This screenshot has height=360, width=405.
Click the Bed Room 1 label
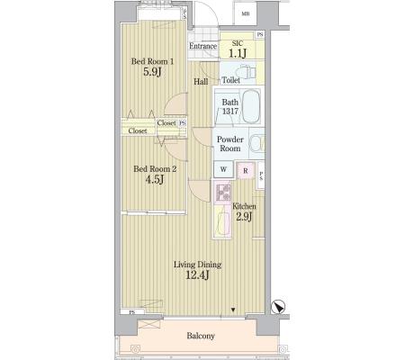(x=152, y=61)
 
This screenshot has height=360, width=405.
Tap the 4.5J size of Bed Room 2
(x=155, y=180)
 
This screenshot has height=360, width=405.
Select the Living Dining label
(x=198, y=265)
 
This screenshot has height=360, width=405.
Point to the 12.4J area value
(x=197, y=275)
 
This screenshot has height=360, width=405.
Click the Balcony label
(x=201, y=336)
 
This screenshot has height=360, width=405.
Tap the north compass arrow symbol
(x=278, y=307)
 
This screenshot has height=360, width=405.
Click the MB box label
(x=246, y=13)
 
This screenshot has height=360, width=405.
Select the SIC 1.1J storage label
(x=238, y=49)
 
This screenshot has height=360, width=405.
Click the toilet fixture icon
(x=246, y=72)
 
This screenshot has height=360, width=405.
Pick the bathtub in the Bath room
(x=251, y=106)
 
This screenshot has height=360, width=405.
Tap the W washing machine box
(x=223, y=169)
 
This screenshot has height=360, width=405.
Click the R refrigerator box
(x=246, y=171)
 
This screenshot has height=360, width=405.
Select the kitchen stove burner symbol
(x=223, y=193)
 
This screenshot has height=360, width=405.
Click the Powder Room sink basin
(x=257, y=143)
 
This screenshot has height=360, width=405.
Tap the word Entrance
(x=203, y=46)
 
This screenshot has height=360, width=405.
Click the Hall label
(x=201, y=81)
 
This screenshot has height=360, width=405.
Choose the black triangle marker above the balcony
(x=233, y=310)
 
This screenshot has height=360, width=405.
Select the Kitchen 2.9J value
(x=244, y=217)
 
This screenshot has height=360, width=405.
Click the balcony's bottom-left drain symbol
(x=135, y=349)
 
